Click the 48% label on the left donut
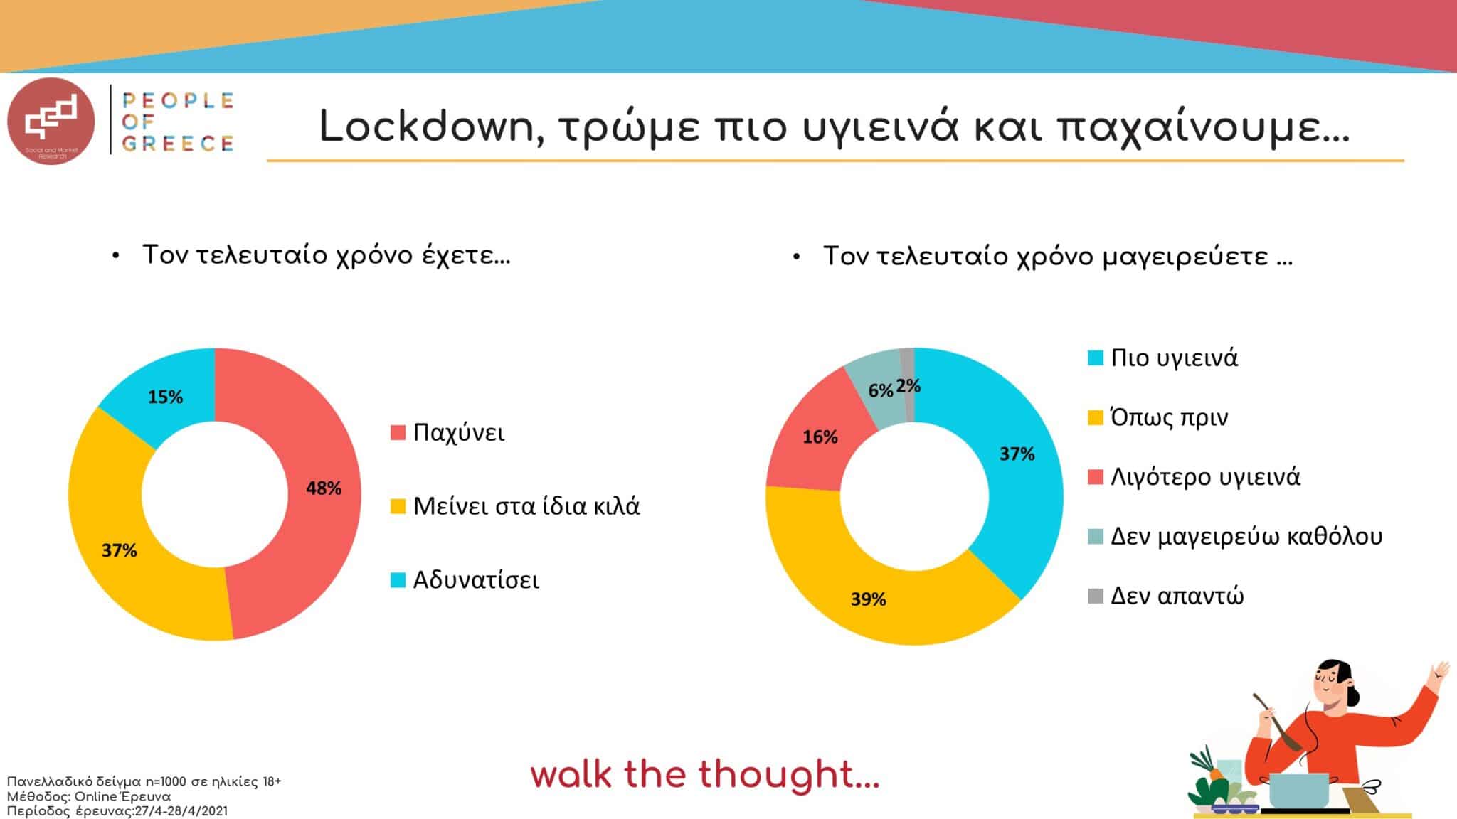point(324,488)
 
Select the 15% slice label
point(165,397)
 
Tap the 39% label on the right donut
point(868,599)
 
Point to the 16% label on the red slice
point(820,437)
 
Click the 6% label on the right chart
point(880,390)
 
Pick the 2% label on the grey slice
point(908,386)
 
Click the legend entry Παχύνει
point(447,432)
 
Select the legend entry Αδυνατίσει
point(465,580)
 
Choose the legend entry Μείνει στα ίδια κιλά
point(515,506)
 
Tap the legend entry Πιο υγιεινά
point(1162,358)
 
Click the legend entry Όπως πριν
point(1157,417)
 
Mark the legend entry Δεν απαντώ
point(1166,596)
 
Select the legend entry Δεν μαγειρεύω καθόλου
point(1235,536)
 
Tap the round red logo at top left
point(51,120)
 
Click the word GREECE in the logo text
point(178,144)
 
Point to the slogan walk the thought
point(705,774)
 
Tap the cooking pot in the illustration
point(1298,790)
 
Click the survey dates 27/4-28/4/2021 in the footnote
point(181,811)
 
